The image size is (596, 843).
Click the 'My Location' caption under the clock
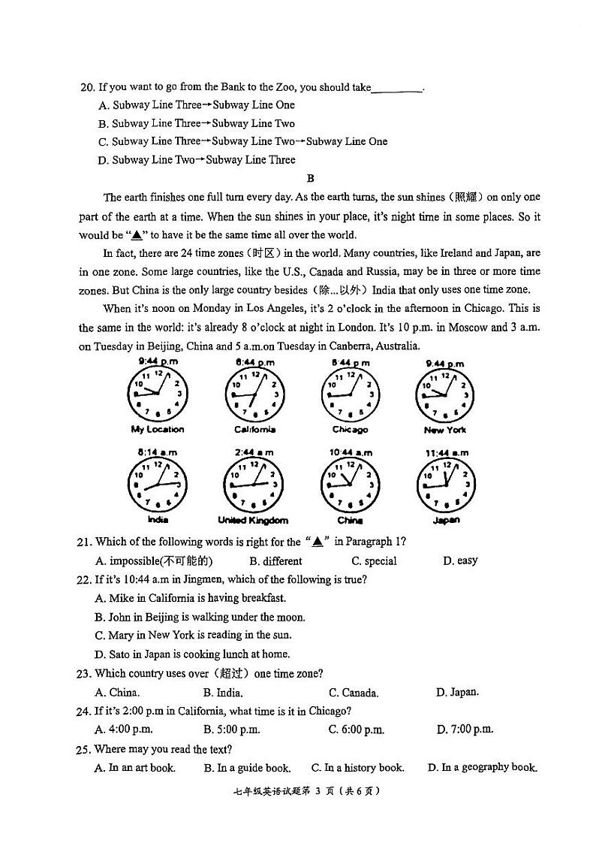(158, 430)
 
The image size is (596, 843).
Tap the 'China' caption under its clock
(350, 520)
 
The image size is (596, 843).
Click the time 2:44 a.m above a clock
(253, 452)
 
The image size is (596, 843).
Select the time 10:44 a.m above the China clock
(350, 452)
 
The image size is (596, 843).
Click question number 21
(83, 542)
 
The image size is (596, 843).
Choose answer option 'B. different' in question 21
(275, 561)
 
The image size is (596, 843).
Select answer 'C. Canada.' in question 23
(354, 693)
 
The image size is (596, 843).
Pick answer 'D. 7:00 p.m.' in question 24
(465, 730)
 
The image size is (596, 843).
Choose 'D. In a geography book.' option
(482, 768)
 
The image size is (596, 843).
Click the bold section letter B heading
(310, 178)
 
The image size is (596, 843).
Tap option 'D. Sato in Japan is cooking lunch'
(192, 654)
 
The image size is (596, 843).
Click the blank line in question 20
(397, 89)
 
